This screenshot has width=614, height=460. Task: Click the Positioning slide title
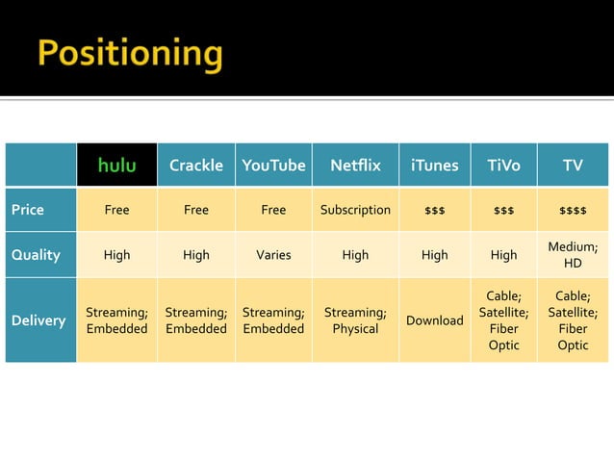(130, 54)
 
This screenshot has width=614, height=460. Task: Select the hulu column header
(116, 166)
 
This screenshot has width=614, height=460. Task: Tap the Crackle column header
(195, 166)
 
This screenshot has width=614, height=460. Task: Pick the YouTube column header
(273, 166)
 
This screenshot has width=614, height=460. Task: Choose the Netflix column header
(355, 166)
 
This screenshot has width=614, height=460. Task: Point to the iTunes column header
(434, 166)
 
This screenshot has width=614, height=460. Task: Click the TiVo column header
(503, 166)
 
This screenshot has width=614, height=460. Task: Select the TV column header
(573, 166)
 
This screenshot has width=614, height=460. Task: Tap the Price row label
(28, 209)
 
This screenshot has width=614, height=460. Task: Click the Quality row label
(36, 255)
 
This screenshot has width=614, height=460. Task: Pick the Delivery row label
(38, 320)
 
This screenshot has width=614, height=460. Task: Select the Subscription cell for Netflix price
(355, 209)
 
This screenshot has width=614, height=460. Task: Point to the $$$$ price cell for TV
(573, 210)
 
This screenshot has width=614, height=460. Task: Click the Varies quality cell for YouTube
(273, 255)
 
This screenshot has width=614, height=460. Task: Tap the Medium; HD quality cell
(573, 255)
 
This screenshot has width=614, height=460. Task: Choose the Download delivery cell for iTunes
(434, 320)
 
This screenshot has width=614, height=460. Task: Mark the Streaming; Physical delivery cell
(355, 320)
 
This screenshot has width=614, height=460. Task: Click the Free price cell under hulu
(116, 209)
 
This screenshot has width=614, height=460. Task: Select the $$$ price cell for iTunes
(434, 210)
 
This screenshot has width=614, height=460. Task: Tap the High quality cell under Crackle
(195, 255)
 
